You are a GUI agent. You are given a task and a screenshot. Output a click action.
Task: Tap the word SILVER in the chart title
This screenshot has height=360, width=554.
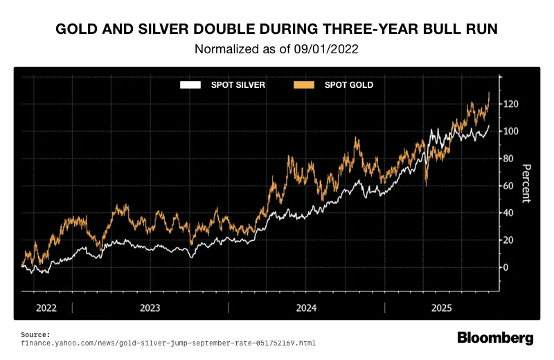point(160,30)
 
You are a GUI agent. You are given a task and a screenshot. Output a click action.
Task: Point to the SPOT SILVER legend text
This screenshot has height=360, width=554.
point(238,85)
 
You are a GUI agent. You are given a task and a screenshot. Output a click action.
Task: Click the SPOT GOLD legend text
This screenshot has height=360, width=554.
point(349,85)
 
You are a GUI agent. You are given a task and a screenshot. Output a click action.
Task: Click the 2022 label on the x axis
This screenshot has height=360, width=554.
point(46,307)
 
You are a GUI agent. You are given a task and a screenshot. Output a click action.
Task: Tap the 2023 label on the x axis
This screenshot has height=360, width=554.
point(150,307)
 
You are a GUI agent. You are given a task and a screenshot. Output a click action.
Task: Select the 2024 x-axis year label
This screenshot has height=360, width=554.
point(307,307)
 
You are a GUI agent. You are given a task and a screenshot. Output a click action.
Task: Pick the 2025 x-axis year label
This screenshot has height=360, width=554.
point(442,307)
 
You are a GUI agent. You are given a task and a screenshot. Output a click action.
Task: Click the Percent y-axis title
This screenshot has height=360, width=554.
point(526,183)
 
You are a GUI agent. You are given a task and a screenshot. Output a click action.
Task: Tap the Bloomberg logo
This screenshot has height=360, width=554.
point(495,338)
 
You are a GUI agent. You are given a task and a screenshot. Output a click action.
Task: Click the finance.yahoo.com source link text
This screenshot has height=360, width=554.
point(169,343)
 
